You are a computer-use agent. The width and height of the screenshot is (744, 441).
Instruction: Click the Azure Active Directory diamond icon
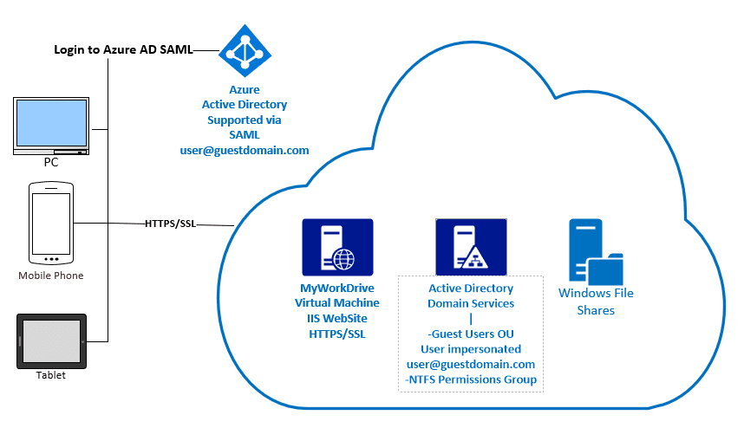tap(245, 50)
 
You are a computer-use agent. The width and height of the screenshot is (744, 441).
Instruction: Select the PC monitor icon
tap(51, 126)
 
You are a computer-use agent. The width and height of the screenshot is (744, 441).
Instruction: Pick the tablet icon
tap(51, 341)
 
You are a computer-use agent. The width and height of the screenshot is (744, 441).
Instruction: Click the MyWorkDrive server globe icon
tap(337, 247)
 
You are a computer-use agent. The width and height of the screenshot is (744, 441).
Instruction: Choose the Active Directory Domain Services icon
tap(470, 247)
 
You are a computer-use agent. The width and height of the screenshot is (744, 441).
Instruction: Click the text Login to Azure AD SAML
tap(123, 50)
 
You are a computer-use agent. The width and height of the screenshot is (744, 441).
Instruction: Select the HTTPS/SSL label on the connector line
tap(171, 224)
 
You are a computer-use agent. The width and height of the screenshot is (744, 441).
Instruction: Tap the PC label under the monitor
tap(51, 162)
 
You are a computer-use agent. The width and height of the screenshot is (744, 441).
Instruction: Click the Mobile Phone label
tap(51, 276)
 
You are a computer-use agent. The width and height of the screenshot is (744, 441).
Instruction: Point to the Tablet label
tap(51, 375)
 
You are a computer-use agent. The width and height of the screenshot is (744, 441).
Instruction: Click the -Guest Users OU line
tap(471, 334)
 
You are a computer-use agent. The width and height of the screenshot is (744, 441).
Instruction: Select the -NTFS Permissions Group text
tap(471, 379)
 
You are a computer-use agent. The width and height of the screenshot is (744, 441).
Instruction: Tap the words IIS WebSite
tap(337, 318)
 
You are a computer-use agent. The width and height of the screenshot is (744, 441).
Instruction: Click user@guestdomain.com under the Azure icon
tap(244, 150)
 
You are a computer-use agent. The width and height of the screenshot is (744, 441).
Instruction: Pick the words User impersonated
tap(471, 348)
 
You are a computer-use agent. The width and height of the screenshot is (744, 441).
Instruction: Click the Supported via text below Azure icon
tap(244, 120)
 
